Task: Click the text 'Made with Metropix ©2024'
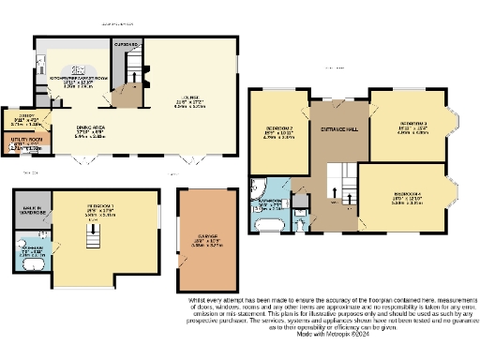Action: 335,333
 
